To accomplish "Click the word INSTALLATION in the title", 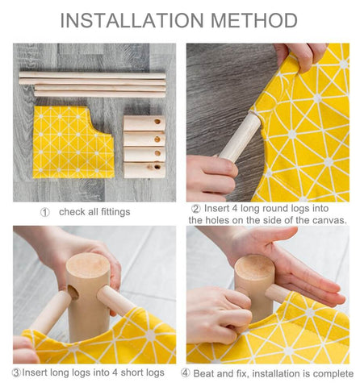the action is [x=132, y=20].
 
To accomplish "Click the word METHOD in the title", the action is [x=254, y=20].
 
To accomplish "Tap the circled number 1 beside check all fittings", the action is [x=45, y=212].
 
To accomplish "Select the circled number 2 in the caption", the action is [x=196, y=209].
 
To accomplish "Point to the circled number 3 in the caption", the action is [x=17, y=372].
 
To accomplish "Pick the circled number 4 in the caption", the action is [x=186, y=373].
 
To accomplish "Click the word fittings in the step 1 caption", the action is [x=115, y=212].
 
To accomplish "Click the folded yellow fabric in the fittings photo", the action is [x=73, y=142].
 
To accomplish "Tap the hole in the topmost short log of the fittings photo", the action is [x=157, y=122].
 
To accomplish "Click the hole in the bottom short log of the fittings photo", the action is [x=157, y=167].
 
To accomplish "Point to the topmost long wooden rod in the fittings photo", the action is [x=92, y=75].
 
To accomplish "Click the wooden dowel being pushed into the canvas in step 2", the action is [x=241, y=137].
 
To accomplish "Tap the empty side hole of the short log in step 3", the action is [x=73, y=293].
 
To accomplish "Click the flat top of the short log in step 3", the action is [x=88, y=265].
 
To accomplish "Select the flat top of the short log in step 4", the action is [x=254, y=266].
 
